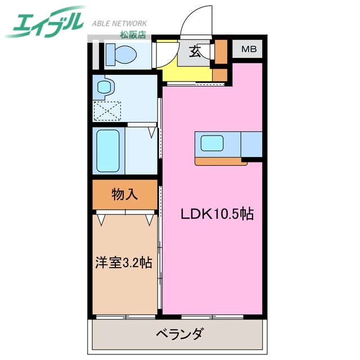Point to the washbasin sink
[105, 87]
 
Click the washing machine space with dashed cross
[107, 110]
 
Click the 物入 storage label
[124, 195]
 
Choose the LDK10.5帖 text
[217, 214]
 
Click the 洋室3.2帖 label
[122, 262]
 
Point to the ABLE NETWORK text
[119, 24]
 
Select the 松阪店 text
[133, 34]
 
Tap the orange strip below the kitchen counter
[220, 162]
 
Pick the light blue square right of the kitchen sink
[251, 143]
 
